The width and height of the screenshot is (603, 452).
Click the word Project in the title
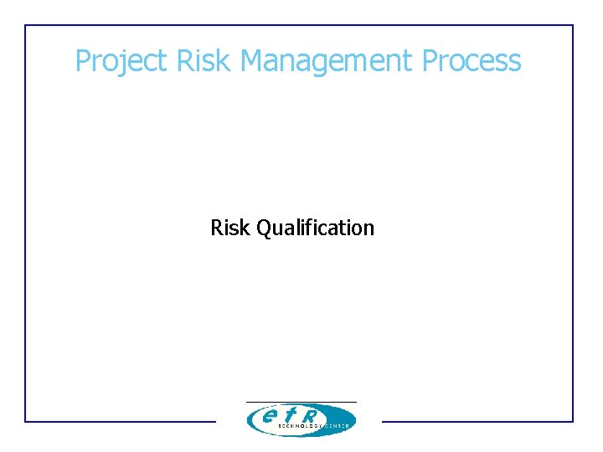pyautogui.click(x=121, y=61)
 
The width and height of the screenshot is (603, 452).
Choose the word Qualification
pyautogui.click(x=315, y=228)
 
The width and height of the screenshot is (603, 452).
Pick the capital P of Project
pyautogui.click(x=82, y=61)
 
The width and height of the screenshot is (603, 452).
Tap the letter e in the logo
pyautogui.click(x=269, y=415)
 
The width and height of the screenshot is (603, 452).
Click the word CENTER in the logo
pyautogui.click(x=337, y=426)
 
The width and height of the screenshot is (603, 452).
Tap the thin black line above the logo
pyautogui.click(x=301, y=402)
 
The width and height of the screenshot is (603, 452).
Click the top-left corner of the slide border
pyautogui.click(x=25, y=25)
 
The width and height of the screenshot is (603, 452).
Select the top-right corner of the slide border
pyautogui.click(x=573, y=25)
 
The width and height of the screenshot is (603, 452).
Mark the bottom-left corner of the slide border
pyautogui.click(x=25, y=421)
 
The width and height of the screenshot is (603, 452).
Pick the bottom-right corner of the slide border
pyautogui.click(x=573, y=421)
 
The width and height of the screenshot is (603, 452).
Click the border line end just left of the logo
pyautogui.click(x=214, y=421)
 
